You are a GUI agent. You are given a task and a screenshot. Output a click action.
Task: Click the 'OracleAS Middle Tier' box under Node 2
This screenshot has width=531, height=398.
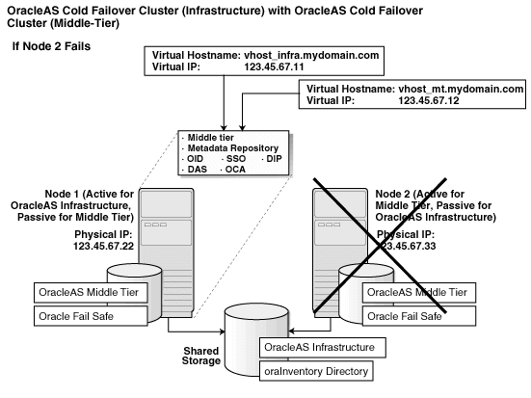click(419, 292)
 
